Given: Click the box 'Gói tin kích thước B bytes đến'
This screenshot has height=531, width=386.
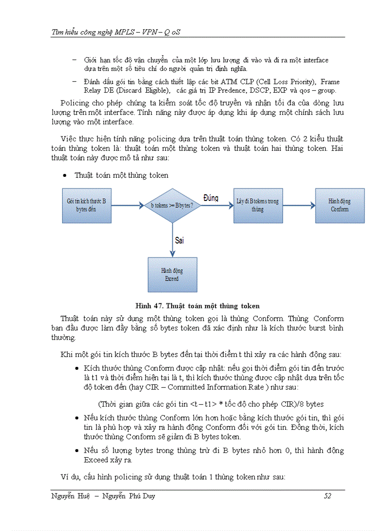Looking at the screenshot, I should [x=87, y=205].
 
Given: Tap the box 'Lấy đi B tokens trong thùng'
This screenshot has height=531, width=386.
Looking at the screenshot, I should [x=257, y=205].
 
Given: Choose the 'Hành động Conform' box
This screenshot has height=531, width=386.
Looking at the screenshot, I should [x=340, y=205].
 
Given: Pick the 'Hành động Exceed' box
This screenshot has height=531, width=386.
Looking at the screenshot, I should [x=172, y=274].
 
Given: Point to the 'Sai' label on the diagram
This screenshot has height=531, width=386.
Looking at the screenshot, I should [x=179, y=240].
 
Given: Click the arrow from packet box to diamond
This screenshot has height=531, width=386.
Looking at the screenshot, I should [x=127, y=205].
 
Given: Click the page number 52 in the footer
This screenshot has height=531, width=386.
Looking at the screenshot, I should [x=327, y=496].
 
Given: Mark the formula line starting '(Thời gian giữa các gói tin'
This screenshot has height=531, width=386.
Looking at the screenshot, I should [x=211, y=404].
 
